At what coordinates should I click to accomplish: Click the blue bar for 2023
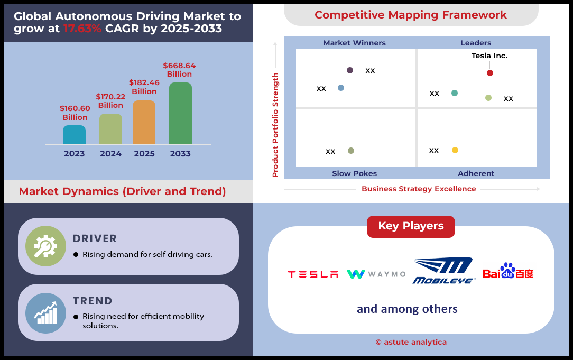click(x=74, y=134)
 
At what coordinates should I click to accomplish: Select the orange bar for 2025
click(x=144, y=122)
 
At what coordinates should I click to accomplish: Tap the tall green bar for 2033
click(x=181, y=113)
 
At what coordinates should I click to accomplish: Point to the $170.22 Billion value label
click(x=110, y=101)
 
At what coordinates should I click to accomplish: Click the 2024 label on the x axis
click(x=110, y=154)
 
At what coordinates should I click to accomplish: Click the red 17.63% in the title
click(x=82, y=29)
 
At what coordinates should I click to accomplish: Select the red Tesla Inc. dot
click(x=490, y=73)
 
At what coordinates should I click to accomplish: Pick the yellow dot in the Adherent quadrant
click(x=455, y=150)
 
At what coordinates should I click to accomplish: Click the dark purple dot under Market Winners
click(x=350, y=70)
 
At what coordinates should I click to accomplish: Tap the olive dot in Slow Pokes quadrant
click(x=351, y=151)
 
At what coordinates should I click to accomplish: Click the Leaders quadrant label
click(x=476, y=43)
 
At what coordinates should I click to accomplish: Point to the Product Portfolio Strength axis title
click(x=275, y=125)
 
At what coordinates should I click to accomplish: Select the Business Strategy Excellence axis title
click(x=419, y=189)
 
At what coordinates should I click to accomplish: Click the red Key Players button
click(x=411, y=227)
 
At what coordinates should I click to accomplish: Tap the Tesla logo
click(x=313, y=274)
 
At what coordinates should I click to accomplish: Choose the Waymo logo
click(x=376, y=274)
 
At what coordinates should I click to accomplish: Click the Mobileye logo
click(x=444, y=271)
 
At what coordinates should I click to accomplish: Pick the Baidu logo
click(x=508, y=271)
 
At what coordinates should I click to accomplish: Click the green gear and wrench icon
click(x=45, y=246)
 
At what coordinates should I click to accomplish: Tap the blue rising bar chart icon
click(x=45, y=313)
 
